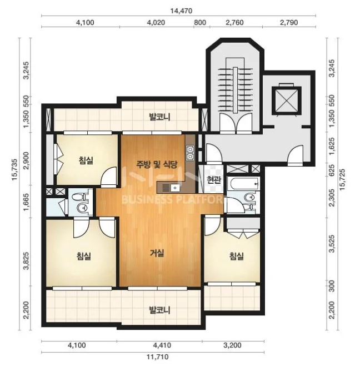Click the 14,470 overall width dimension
(x=181, y=11)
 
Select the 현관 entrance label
(x=213, y=180)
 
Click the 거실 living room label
(x=157, y=253)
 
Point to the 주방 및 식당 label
(x=157, y=164)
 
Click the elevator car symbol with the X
(x=287, y=99)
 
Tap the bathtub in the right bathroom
(x=243, y=183)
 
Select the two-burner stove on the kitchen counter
(x=191, y=153)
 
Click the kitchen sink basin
(x=175, y=188)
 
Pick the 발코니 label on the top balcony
(x=159, y=117)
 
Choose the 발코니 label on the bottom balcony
(x=159, y=310)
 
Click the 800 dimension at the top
(x=200, y=23)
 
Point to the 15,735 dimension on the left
(x=14, y=170)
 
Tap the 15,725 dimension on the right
(x=342, y=179)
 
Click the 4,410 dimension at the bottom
(x=162, y=345)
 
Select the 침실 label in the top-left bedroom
(x=86, y=160)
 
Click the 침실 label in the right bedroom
(x=236, y=256)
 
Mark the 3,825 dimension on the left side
(x=27, y=261)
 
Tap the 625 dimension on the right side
(x=332, y=170)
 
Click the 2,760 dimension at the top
(x=234, y=23)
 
